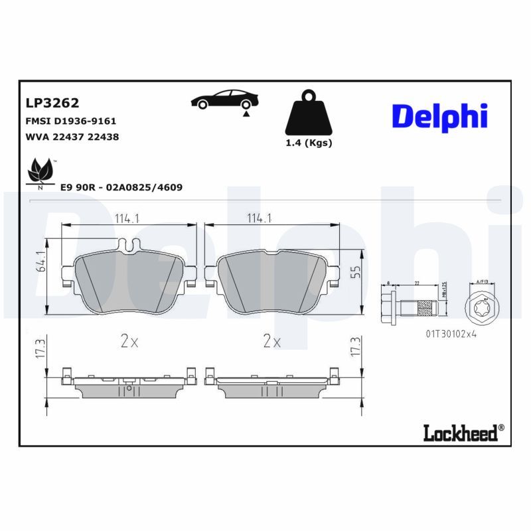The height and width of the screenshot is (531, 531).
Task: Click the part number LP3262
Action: (52, 103)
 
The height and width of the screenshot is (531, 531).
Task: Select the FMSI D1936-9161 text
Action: (71, 121)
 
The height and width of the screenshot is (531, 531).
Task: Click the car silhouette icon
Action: (224, 100)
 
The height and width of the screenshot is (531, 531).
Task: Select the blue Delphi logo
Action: (439, 115)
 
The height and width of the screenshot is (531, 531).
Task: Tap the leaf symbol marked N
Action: (40, 173)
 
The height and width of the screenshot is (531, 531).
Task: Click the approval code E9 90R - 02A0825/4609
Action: (121, 187)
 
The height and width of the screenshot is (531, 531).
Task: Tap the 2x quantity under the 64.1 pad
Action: (129, 342)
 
